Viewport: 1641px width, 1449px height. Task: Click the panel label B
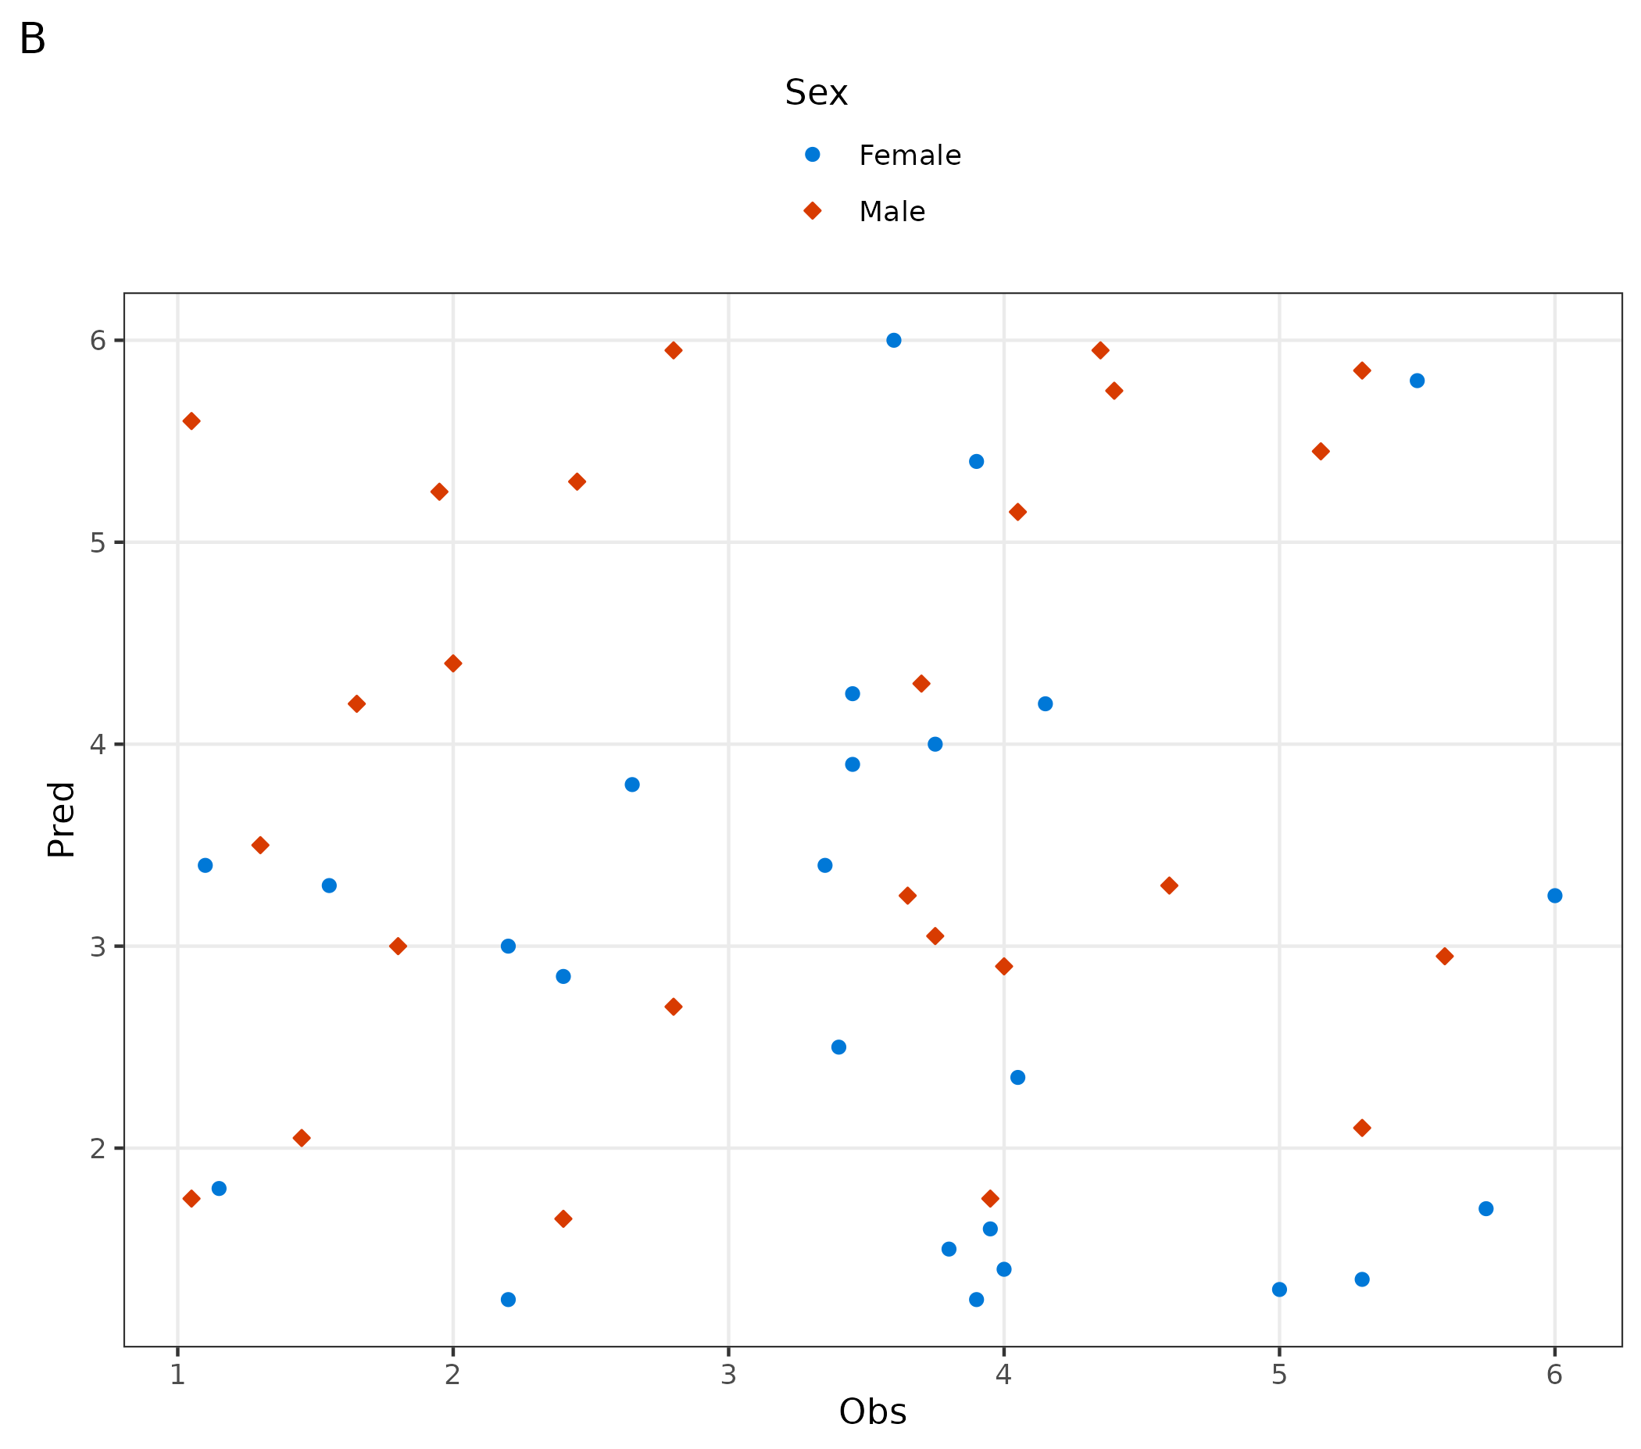(32, 38)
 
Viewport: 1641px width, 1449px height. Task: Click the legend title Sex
(816, 92)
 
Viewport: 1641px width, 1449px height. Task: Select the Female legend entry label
(909, 155)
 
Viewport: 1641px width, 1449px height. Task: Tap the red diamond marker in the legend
(813, 211)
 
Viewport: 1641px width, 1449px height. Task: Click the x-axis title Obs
(872, 1411)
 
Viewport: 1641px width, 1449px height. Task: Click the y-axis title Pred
(61, 820)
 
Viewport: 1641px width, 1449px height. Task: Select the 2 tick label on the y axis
(98, 1149)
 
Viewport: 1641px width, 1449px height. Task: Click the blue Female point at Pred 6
(893, 341)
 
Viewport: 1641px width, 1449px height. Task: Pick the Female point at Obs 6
(1554, 896)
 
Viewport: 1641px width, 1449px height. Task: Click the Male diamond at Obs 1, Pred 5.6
(191, 421)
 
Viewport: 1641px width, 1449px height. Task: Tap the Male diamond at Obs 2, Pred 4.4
(452, 664)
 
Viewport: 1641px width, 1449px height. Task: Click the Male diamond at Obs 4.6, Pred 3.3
(1169, 886)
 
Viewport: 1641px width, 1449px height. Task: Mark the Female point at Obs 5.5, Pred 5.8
(1417, 381)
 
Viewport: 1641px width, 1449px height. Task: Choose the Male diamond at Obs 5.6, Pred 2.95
(1444, 956)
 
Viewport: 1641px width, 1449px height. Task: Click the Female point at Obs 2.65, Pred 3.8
(632, 785)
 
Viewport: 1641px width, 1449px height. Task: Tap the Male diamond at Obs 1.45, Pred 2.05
(301, 1138)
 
